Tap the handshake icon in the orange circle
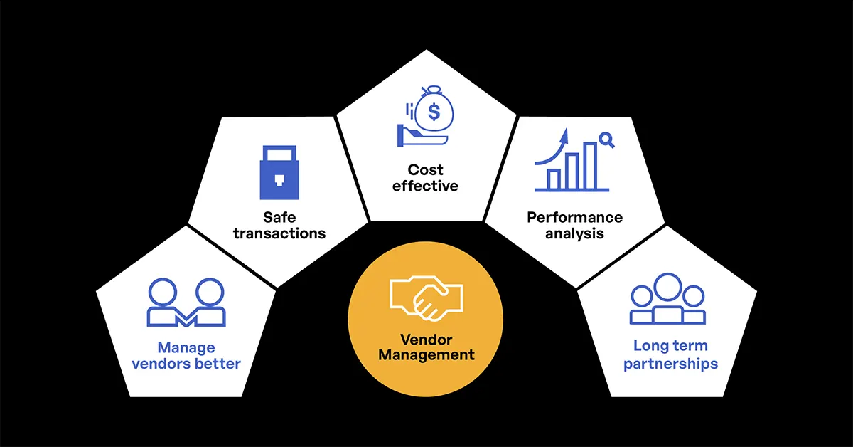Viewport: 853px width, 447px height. click(426, 298)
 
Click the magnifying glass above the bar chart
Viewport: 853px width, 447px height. click(606, 140)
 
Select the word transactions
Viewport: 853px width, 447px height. click(279, 233)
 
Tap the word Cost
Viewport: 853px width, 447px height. click(426, 169)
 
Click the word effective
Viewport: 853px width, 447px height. click(426, 186)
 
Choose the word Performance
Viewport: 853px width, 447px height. click(574, 217)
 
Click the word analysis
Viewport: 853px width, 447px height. click(574, 233)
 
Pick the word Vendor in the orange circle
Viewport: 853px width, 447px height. click(426, 340)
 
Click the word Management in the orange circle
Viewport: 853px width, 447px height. click(426, 354)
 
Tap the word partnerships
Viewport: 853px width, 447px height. click(670, 364)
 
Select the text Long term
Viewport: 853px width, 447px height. click(670, 346)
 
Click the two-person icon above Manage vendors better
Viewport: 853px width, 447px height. click(186, 303)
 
